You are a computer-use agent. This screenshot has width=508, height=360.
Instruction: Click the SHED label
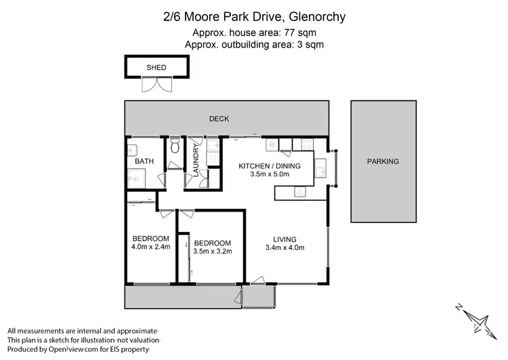[156, 68]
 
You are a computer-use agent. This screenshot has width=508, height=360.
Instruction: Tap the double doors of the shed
[156, 85]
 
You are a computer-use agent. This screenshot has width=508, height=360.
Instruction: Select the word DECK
[219, 119]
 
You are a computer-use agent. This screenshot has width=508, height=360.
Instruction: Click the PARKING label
[383, 161]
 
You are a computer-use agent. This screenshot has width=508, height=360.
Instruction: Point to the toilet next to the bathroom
[175, 146]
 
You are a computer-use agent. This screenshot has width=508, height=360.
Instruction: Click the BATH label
[144, 161]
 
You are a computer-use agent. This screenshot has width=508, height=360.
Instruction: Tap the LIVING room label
[285, 239]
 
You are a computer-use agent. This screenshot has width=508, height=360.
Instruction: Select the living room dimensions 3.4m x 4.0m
[285, 247]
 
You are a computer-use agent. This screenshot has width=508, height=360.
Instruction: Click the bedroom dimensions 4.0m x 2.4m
[150, 247]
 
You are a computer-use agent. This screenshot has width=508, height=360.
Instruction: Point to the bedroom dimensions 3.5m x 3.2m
[213, 252]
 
